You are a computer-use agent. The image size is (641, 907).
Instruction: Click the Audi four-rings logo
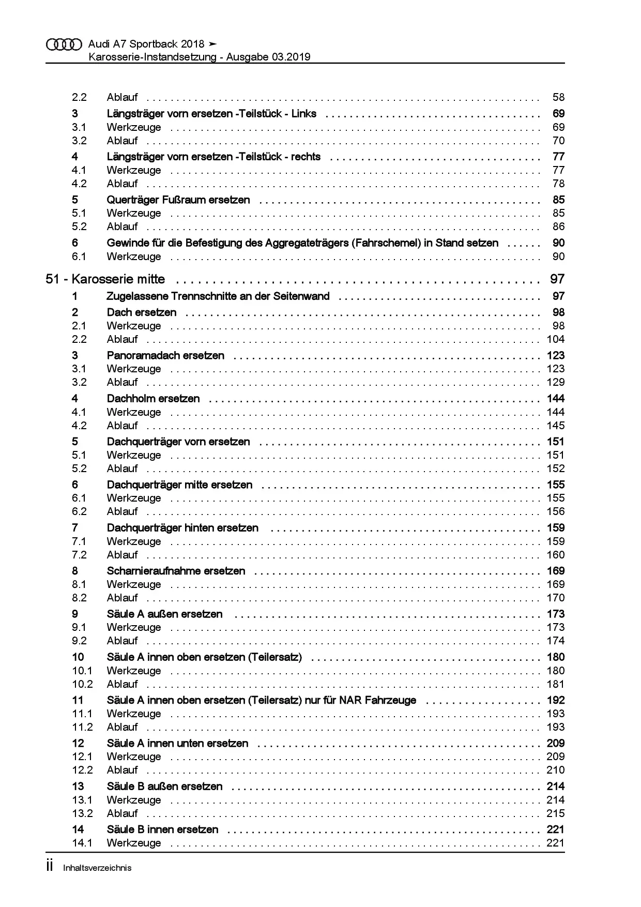tap(64, 45)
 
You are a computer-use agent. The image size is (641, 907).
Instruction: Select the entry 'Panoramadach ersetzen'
tap(165, 356)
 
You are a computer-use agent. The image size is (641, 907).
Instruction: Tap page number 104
tap(555, 340)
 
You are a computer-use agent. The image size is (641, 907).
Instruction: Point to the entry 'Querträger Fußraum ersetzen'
tap(178, 200)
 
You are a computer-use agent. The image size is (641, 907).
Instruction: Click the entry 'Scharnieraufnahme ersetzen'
tap(176, 571)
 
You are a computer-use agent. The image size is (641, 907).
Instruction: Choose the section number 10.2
tap(82, 685)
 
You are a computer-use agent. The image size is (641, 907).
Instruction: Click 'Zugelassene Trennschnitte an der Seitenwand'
tap(218, 297)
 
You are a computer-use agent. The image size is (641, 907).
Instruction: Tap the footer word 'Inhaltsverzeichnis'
tap(97, 868)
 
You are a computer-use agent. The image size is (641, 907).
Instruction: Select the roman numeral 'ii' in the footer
tap(50, 867)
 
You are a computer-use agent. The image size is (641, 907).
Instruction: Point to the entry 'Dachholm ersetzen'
tap(153, 399)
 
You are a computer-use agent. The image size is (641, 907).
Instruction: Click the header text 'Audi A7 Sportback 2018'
tap(146, 44)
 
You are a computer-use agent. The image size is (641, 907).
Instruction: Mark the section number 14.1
tap(82, 843)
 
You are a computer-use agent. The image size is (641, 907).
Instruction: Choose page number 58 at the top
tap(558, 98)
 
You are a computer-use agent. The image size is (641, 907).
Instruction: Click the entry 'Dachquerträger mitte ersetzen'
tap(179, 485)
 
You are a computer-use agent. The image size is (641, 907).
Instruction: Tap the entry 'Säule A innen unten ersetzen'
tap(177, 744)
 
